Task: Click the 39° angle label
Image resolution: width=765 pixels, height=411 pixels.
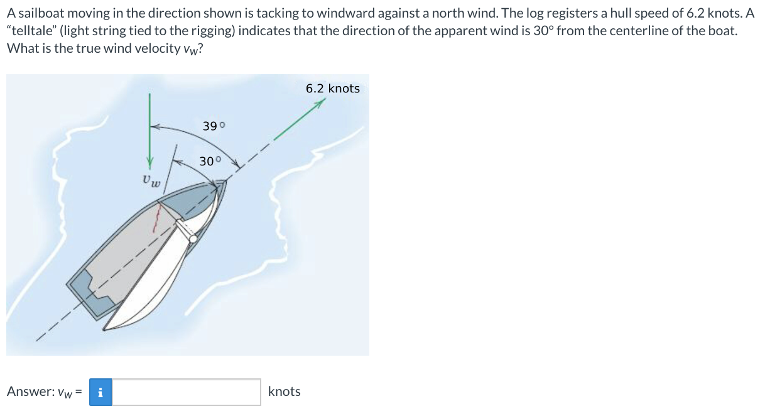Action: point(214,126)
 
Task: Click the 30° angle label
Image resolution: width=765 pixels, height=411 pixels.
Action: point(210,161)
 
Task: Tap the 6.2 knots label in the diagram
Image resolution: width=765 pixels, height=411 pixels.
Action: point(333,89)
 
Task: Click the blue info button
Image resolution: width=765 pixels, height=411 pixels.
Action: point(100,392)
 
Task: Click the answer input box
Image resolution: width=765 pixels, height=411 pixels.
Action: point(187,392)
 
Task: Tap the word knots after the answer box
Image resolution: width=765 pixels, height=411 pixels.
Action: point(284,392)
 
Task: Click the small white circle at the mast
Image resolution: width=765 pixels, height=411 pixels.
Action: point(193,239)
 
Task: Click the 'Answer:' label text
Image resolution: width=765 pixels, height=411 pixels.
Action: point(30,392)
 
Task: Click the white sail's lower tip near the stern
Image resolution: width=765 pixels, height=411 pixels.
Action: point(105,329)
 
